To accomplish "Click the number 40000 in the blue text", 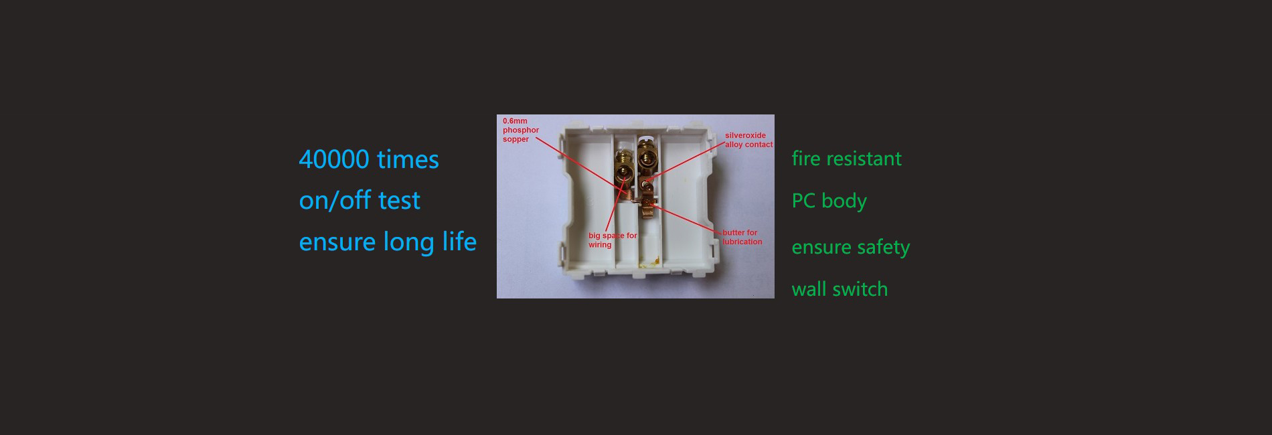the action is tap(334, 159).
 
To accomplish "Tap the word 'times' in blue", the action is tap(408, 159).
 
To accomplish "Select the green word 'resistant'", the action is tap(864, 159).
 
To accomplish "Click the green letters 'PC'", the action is tap(803, 201).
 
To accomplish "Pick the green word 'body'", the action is tap(844, 201).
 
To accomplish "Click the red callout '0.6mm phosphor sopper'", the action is tap(521, 130).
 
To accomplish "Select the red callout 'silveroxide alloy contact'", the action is tap(748, 140).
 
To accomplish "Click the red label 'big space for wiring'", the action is tap(613, 240).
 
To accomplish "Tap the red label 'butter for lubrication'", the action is tap(742, 237).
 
